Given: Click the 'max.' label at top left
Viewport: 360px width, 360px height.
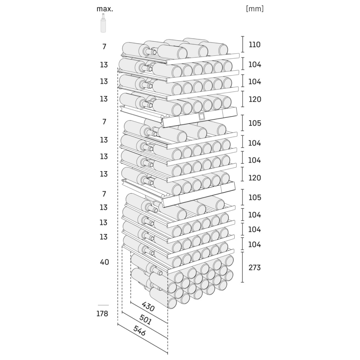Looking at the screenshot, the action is coord(105,9).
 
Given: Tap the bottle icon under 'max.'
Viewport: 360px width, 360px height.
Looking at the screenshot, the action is coord(103,23).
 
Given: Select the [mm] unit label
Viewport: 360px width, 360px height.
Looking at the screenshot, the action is coord(255,9).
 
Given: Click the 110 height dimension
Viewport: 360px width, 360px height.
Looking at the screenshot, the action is coord(255,45).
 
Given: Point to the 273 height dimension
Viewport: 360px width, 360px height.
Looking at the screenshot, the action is coord(255,267).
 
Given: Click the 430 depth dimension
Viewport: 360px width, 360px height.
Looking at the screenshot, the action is coord(148,306).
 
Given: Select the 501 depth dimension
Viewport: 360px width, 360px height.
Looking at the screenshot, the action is coord(145,319).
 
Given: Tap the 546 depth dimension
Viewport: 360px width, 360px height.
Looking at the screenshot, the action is coord(140,330).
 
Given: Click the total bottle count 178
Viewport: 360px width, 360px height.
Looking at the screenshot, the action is coord(102,314).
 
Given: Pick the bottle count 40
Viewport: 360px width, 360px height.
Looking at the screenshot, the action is coord(104,262).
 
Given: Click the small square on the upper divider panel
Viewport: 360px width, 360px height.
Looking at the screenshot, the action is coord(201,116).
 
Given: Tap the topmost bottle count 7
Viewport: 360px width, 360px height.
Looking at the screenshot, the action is coord(104,46).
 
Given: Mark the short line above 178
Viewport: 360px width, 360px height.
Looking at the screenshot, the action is coord(103,305).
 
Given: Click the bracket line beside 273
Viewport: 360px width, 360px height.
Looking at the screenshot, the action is coord(242,267).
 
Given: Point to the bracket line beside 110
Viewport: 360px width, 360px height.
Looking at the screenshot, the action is coord(242,44).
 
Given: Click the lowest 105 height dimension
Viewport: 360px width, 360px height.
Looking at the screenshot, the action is coord(255,197).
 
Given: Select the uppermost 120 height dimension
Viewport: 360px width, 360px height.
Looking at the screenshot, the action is coord(255,99).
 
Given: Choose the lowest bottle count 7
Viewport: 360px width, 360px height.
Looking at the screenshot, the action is coord(104,194).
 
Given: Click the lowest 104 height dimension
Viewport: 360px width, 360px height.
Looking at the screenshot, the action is coord(255,244).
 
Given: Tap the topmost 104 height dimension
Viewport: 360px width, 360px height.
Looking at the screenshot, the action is coord(255,64).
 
